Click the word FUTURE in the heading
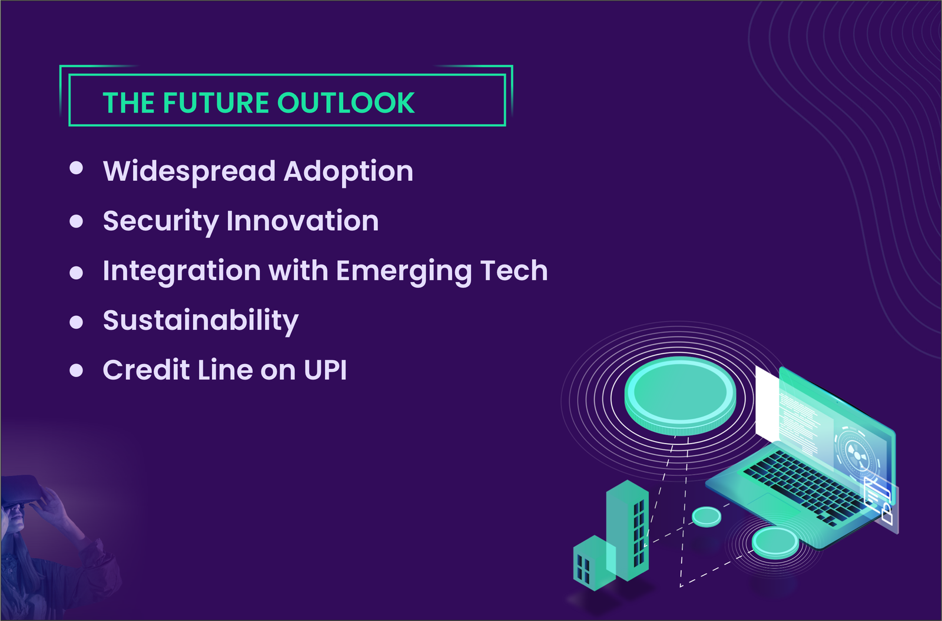coord(215,103)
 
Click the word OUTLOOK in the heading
coord(346,103)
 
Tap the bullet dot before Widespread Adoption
coord(76,169)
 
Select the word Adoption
coord(348,171)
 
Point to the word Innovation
coord(302,221)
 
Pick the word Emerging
coord(404,272)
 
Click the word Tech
coord(513,271)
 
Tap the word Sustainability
coord(200,321)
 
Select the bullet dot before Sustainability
coord(76,322)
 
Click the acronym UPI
coord(325,371)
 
